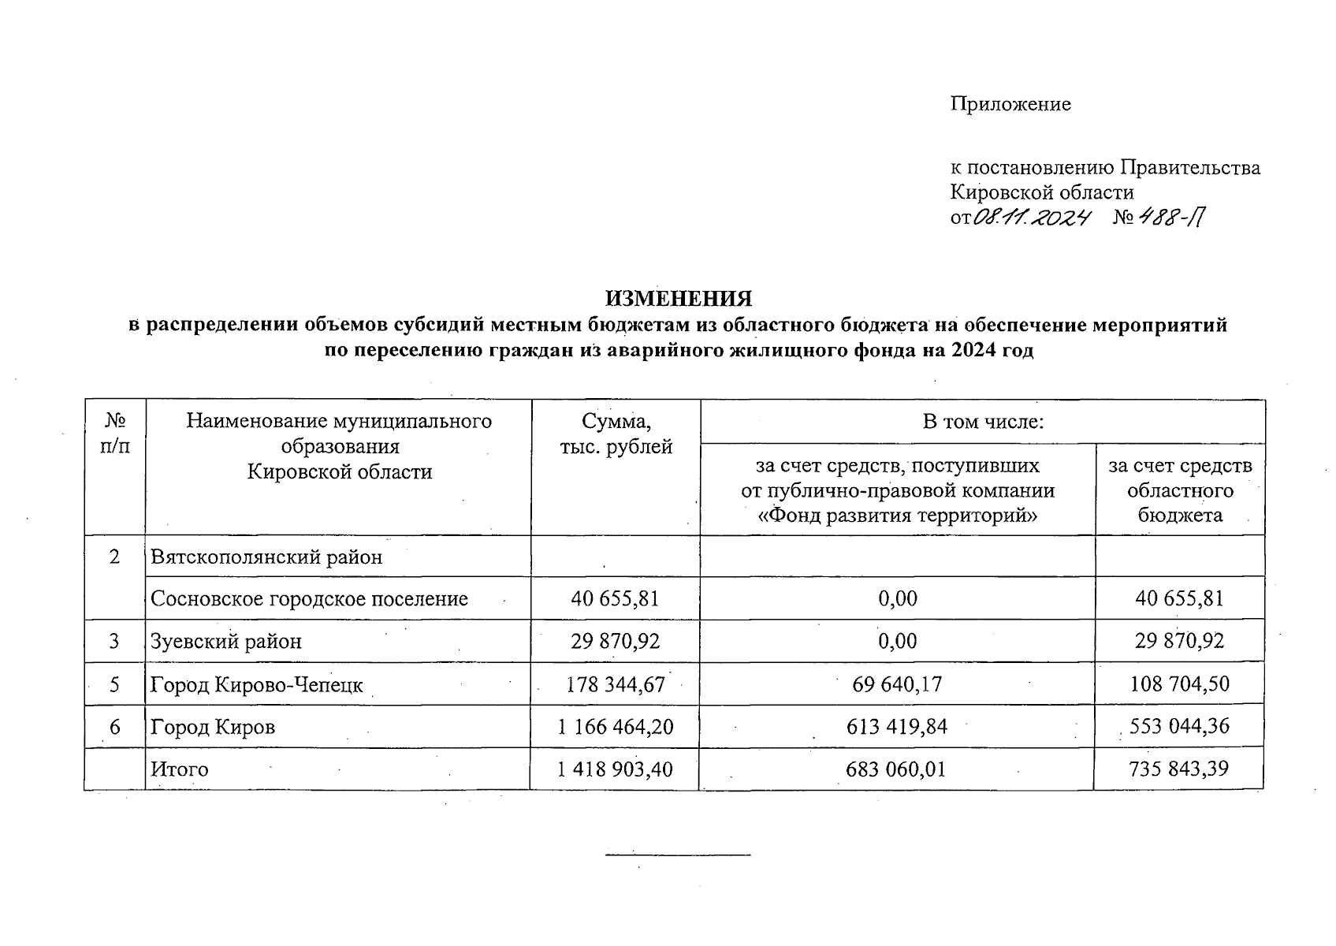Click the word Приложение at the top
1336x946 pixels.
[x=1010, y=104]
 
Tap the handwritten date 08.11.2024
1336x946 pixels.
[x=1031, y=218]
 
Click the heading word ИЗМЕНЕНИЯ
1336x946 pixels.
[x=678, y=300]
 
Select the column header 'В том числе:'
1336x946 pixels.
[x=983, y=422]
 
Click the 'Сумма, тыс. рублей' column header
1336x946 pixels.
[x=616, y=434]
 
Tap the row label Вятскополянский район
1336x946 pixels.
[x=266, y=557]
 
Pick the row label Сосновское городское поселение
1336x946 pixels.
[x=309, y=599]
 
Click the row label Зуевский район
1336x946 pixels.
[x=226, y=642]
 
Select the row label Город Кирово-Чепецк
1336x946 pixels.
[x=257, y=684]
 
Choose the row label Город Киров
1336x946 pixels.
[x=213, y=727]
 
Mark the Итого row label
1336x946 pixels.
[x=180, y=769]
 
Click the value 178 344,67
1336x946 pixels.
[x=616, y=684]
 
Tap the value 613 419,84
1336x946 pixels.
[x=897, y=727]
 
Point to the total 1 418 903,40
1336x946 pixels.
[x=615, y=769]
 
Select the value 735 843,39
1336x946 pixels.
[x=1178, y=769]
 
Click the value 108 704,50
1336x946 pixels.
[x=1179, y=684]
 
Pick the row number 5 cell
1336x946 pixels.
[x=115, y=684]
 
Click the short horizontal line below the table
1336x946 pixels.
[x=678, y=855]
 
